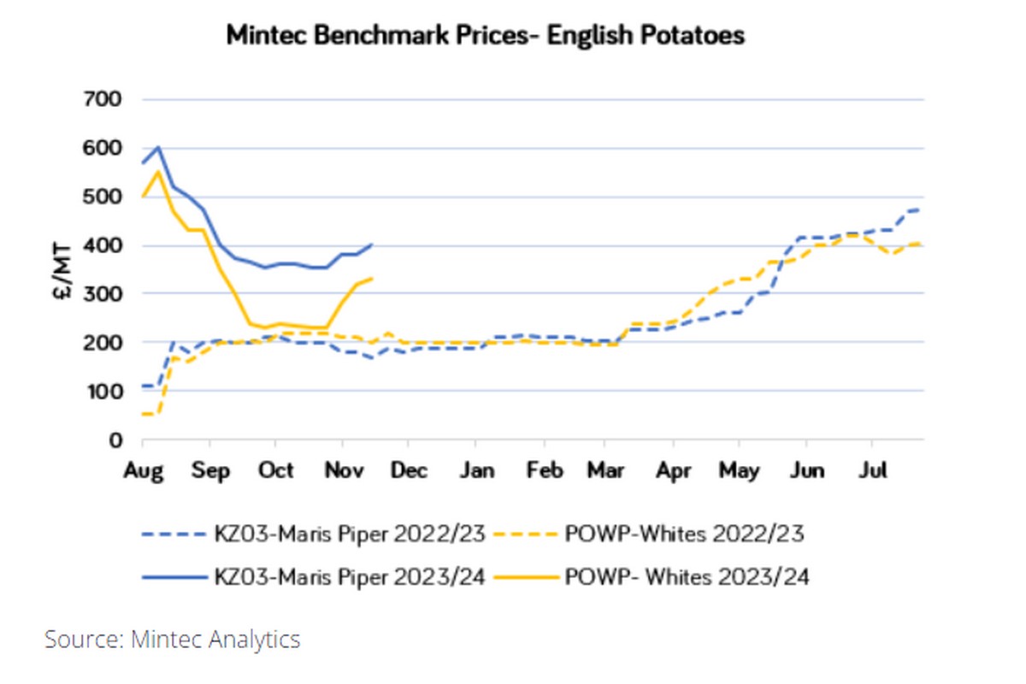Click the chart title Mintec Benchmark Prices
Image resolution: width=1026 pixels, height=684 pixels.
(485, 36)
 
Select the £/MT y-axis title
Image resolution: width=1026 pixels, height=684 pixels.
(62, 269)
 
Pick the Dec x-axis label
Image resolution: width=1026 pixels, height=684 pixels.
(410, 471)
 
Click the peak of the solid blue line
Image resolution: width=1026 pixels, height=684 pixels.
(158, 147)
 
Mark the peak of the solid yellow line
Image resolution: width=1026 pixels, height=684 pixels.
(158, 171)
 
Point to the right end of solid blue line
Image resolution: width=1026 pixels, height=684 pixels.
(372, 244)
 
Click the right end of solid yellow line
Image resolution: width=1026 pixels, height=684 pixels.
(372, 278)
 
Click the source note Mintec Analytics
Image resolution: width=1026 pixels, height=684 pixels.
(173, 640)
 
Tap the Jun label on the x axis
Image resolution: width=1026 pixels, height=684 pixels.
(807, 471)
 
